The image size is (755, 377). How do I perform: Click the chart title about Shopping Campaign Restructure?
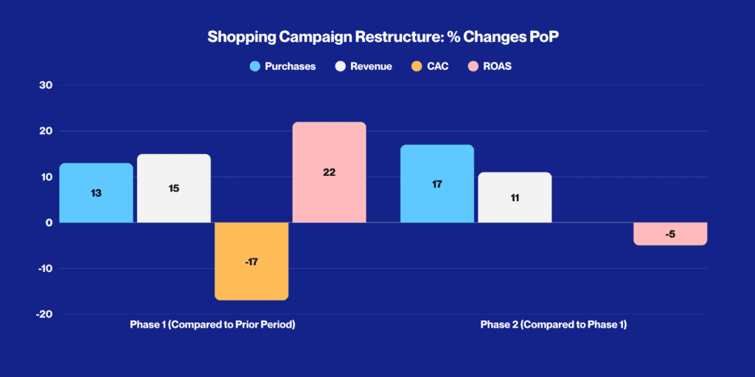coord(377,37)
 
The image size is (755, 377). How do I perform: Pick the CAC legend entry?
coord(433,66)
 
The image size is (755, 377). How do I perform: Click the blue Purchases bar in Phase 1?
coord(96,193)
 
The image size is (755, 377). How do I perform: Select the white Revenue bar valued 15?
coord(174,188)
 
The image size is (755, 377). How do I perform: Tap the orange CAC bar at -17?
coord(251,261)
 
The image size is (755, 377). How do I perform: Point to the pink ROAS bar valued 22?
coord(329,172)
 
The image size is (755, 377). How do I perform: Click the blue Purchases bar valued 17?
coord(437,184)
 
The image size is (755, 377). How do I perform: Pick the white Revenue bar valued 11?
coord(515,197)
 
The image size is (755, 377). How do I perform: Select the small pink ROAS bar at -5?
coord(669,234)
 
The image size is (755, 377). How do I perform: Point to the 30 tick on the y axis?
coord(46,85)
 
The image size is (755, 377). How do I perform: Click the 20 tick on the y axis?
coord(46,131)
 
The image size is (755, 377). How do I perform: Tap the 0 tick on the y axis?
coord(49,222)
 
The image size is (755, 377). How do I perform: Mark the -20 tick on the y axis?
coord(44,314)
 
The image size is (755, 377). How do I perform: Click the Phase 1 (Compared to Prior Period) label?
coord(212,325)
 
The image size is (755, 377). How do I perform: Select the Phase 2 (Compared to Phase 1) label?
coord(553,325)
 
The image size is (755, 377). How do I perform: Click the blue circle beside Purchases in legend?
coord(256,66)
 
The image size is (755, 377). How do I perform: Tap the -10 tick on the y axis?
coord(44,268)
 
